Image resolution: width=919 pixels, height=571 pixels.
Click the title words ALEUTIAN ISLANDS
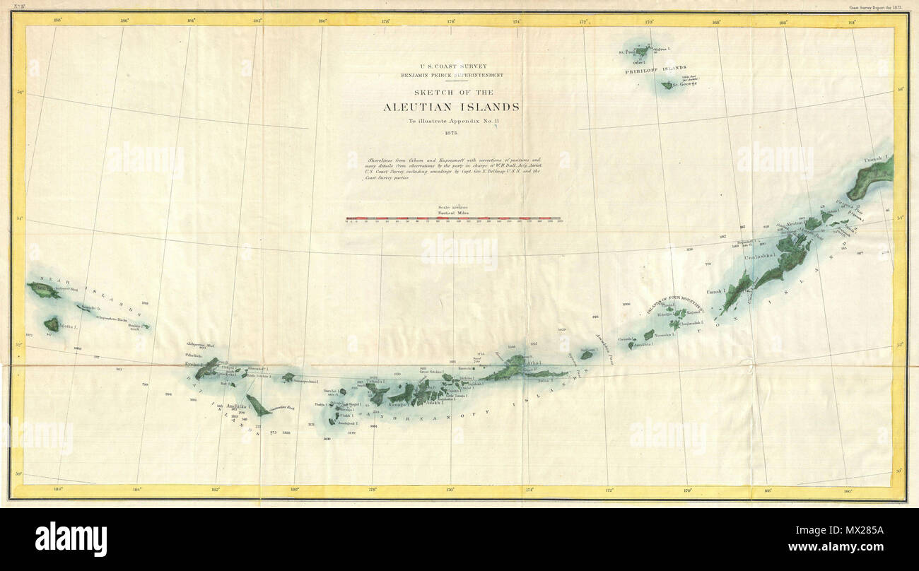point(451,107)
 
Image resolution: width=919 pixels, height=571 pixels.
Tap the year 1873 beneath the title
point(451,132)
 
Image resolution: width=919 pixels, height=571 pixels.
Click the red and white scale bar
point(453,219)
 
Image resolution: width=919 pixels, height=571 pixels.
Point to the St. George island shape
point(667,86)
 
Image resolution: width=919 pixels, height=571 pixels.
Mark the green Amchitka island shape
point(257,406)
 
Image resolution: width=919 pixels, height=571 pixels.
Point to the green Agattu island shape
point(51,325)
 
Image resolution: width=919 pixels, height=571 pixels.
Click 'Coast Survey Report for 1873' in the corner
point(876,8)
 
